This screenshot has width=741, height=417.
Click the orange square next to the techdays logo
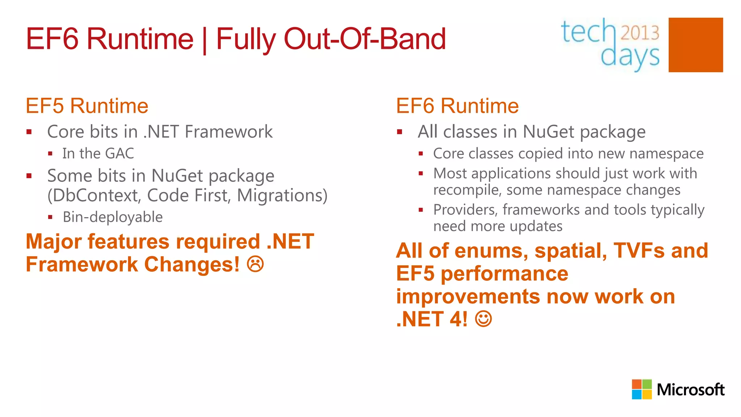click(695, 45)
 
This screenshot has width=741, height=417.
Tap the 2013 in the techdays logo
click(640, 33)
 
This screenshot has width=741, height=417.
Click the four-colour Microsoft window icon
click(642, 389)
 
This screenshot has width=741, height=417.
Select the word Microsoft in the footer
click(690, 390)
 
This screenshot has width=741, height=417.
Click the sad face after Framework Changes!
click(255, 264)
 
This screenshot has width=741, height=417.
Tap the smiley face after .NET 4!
click(483, 319)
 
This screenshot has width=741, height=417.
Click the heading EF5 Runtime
click(87, 106)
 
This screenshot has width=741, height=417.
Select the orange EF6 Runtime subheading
click(457, 106)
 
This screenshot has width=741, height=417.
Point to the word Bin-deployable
click(113, 217)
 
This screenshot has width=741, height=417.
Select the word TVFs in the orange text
click(639, 250)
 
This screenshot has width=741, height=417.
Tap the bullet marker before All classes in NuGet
click(399, 132)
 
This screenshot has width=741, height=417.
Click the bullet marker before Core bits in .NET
click(29, 132)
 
